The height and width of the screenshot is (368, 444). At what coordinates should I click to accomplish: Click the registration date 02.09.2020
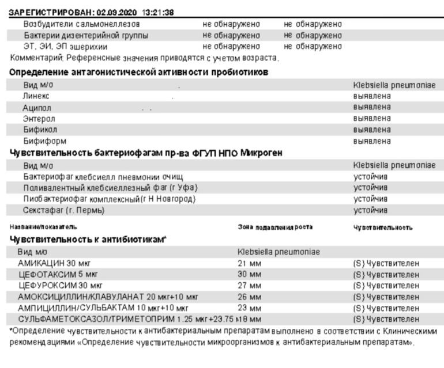click(x=114, y=12)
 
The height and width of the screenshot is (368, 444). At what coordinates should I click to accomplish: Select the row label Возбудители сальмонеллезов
click(x=81, y=25)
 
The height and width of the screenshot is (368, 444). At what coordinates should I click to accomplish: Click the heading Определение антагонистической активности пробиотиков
click(x=138, y=73)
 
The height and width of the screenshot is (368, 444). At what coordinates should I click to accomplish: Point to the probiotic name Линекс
click(x=36, y=96)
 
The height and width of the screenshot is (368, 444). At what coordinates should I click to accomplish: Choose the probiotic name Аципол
click(x=37, y=108)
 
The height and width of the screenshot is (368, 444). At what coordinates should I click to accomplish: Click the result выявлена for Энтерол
click(x=371, y=119)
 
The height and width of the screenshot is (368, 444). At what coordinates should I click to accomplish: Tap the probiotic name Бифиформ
click(x=44, y=141)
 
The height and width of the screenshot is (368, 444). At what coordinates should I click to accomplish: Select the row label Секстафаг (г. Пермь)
click(x=63, y=210)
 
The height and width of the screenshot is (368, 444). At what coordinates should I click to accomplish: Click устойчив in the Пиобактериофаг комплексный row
click(x=370, y=199)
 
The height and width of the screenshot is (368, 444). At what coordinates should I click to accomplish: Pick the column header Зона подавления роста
click(x=275, y=227)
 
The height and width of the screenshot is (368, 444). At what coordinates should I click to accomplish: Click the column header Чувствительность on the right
click(x=383, y=227)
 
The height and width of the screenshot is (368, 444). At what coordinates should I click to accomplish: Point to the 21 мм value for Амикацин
click(x=250, y=263)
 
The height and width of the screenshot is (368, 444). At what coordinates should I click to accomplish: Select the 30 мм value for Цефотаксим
click(x=250, y=274)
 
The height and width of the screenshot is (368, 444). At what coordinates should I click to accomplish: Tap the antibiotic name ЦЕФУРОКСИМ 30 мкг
click(x=61, y=285)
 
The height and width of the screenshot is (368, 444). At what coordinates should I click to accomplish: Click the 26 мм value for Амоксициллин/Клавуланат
click(x=250, y=297)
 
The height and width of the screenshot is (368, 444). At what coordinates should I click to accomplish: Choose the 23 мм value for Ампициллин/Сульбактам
click(x=250, y=308)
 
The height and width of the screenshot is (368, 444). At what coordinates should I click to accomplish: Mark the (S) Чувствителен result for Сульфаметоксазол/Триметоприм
click(x=386, y=318)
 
